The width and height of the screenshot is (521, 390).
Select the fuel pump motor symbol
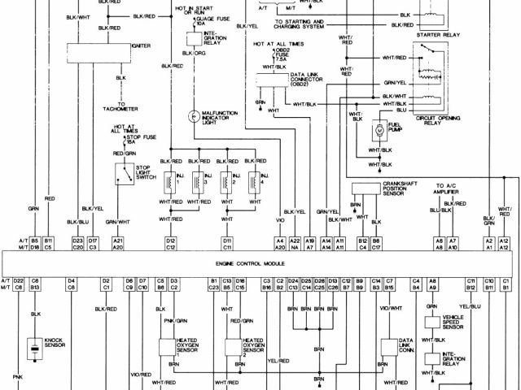(379, 130)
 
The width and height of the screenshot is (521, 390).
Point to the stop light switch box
(125, 172)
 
